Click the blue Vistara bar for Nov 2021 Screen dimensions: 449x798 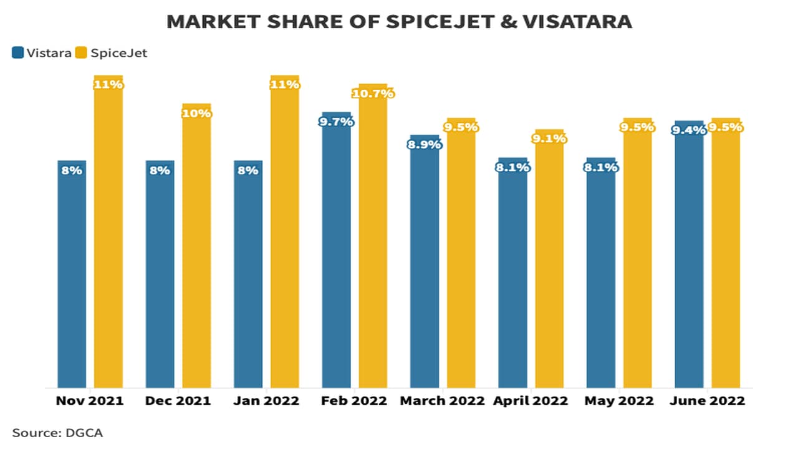(72, 274)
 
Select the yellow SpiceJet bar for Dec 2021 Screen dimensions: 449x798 (196, 249)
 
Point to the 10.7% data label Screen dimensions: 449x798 (373, 94)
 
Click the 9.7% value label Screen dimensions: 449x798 (336, 122)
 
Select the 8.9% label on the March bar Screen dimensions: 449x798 (425, 144)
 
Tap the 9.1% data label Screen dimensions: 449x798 (549, 138)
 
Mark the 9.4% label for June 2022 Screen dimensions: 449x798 (689, 130)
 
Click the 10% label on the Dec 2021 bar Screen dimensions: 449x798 (196, 113)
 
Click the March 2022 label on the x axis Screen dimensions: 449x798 (442, 400)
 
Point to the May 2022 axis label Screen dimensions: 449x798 (618, 400)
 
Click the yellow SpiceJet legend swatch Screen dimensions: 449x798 (80, 53)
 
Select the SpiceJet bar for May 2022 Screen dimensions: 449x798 (637, 256)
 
